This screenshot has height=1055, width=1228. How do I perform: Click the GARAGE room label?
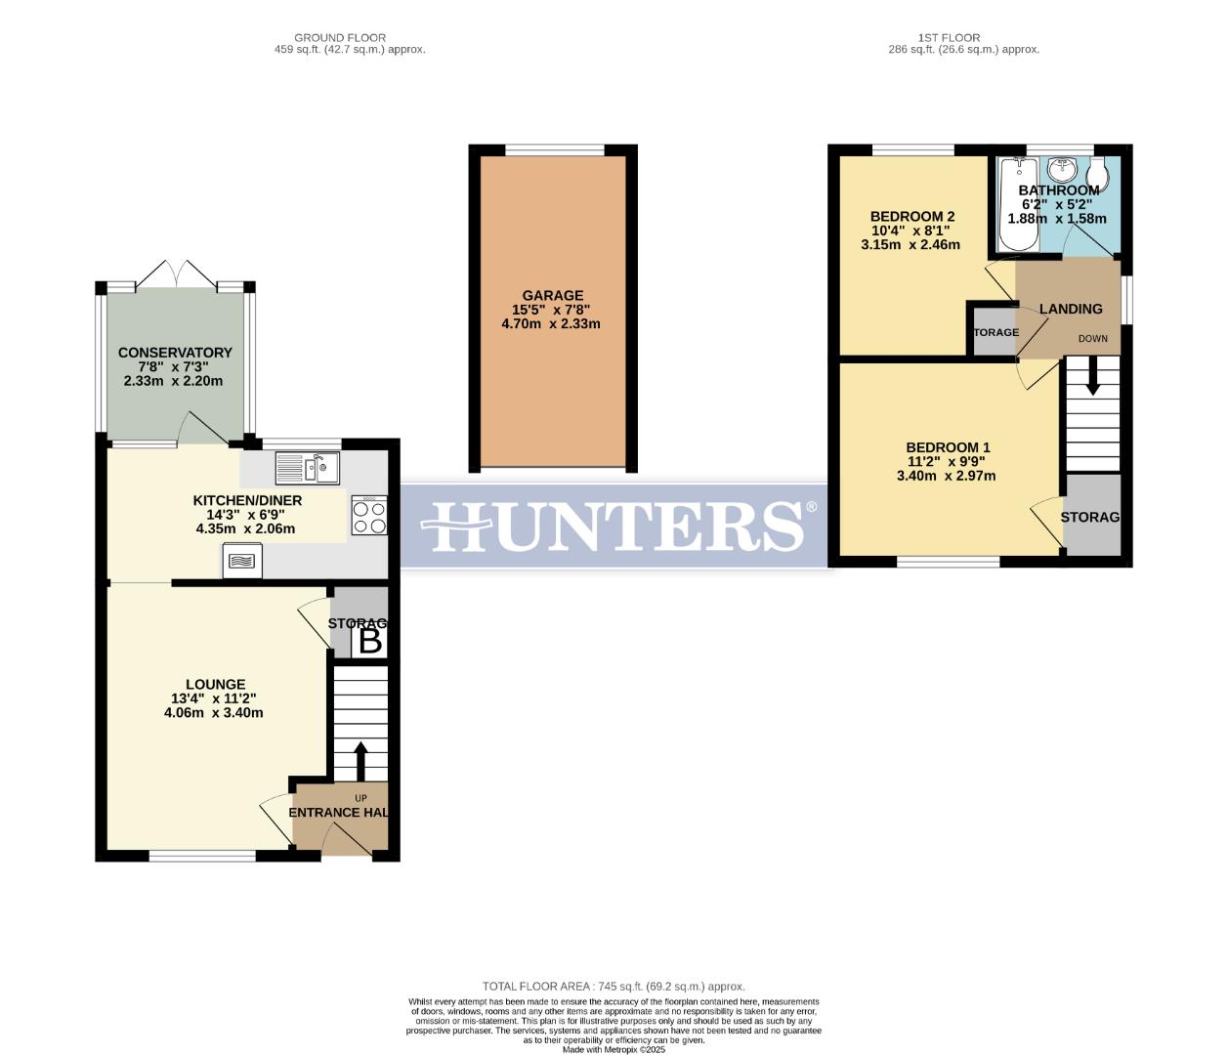[x=552, y=295]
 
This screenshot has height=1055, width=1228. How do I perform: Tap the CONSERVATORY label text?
[x=175, y=353]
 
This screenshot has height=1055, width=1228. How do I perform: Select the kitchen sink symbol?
[x=308, y=469]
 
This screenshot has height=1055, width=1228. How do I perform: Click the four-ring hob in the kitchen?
[x=369, y=515]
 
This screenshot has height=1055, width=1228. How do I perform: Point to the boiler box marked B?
[x=370, y=642]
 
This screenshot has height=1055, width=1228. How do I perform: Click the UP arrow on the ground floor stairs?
[x=360, y=761]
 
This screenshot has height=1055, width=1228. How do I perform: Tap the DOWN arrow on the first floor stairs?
[x=1092, y=376]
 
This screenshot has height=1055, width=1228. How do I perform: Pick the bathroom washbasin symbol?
[x=1059, y=170]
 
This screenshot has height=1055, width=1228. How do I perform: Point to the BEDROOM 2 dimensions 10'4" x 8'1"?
[x=910, y=231]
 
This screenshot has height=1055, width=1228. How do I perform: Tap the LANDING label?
[x=1071, y=309]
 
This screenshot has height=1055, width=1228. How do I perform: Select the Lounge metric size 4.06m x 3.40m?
[x=214, y=713]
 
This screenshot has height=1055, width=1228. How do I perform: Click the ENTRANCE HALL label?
[x=339, y=812]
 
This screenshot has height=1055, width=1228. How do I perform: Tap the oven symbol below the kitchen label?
[x=241, y=561]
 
